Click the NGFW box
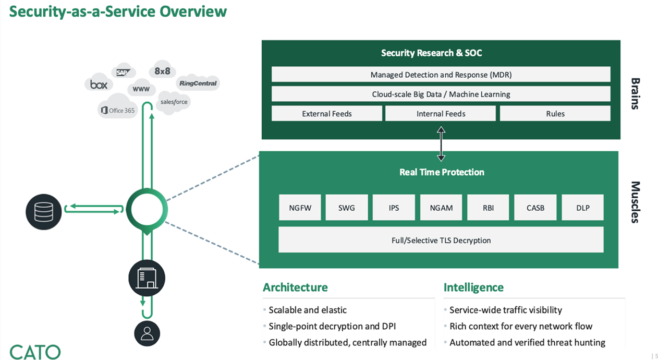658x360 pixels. coord(300,208)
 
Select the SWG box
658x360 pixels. coord(347,208)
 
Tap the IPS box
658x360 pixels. coord(394,208)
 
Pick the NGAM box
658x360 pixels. coord(441,208)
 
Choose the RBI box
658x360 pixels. coord(488,208)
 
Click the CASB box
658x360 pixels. coord(535,208)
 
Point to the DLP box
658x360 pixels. coord(582,208)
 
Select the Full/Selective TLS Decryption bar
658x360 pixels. coord(441,240)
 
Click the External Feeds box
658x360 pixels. coord(327,114)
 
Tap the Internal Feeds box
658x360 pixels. coord(441,114)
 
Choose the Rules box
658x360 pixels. coord(555,114)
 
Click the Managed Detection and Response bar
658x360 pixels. coord(441,75)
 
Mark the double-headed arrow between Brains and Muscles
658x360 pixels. coord(441,145)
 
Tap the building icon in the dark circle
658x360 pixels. coord(147,278)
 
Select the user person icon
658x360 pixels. coord(147,333)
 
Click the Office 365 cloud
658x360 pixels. coord(117,110)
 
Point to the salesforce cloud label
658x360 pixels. coord(174,102)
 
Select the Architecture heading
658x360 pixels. coord(295,287)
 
